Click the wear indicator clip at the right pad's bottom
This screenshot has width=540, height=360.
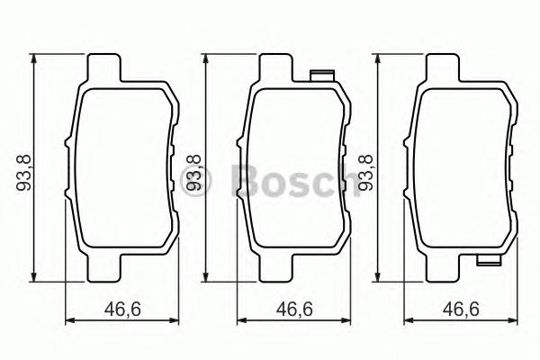click(489, 263)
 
